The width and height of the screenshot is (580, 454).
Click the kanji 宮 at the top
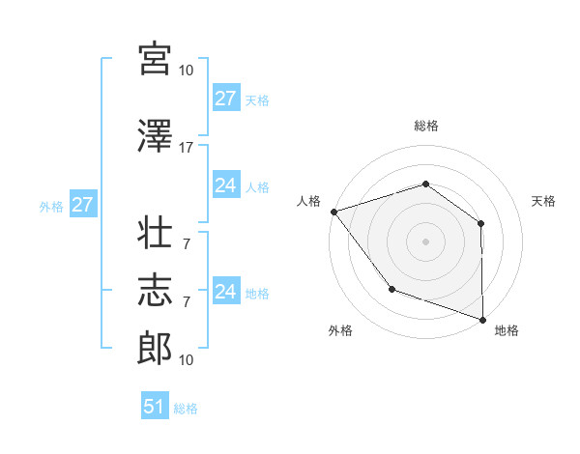click(x=155, y=59)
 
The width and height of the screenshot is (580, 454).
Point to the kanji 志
click(x=155, y=289)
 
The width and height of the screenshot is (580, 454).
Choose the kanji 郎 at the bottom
click(x=155, y=347)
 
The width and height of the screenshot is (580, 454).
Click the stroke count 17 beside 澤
click(x=187, y=148)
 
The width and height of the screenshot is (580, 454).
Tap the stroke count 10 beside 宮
click(x=187, y=71)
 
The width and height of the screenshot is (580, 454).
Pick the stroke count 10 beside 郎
click(x=187, y=360)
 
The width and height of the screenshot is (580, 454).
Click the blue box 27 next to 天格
click(x=226, y=99)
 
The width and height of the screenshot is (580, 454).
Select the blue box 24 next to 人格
click(x=226, y=185)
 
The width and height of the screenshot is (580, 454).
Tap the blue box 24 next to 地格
click(x=226, y=292)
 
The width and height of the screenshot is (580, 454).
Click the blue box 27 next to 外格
click(x=82, y=205)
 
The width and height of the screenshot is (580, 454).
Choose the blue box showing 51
click(x=155, y=407)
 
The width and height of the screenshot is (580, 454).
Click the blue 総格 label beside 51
click(x=186, y=409)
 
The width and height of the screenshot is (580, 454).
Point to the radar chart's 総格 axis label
click(x=426, y=126)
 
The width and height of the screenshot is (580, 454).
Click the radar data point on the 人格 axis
click(x=333, y=212)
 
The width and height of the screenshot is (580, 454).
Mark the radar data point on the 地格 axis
click(x=482, y=318)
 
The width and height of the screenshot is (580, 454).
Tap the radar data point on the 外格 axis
click(x=391, y=288)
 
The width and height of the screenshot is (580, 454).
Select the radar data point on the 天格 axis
click(x=480, y=223)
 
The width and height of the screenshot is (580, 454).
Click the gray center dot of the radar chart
click(x=425, y=241)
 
